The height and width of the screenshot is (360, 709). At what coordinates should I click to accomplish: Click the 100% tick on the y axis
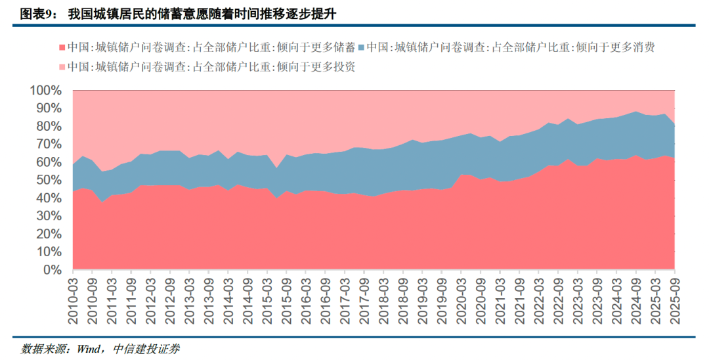(x=46, y=90)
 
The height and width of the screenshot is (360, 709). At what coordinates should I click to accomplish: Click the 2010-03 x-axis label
(x=73, y=299)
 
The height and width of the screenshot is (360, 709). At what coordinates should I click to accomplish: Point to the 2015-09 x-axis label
(x=286, y=299)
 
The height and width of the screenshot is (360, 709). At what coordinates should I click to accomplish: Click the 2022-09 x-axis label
(x=559, y=299)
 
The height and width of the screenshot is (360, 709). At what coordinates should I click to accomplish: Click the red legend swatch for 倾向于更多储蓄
(x=63, y=48)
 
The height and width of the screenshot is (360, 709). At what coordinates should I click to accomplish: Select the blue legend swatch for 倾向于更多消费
(x=362, y=48)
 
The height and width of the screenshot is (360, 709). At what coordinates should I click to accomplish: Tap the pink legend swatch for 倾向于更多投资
(x=63, y=67)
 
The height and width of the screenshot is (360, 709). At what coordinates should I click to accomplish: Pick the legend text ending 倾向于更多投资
(x=211, y=66)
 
